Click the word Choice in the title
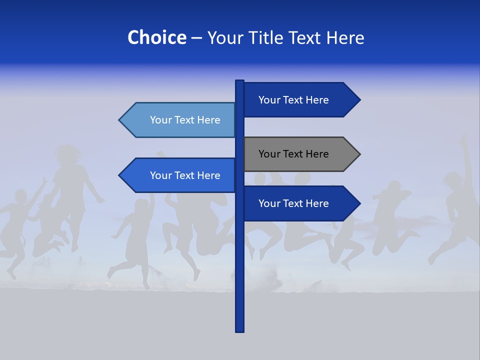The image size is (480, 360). [x=156, y=37]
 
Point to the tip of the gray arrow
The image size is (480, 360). [x=359, y=154]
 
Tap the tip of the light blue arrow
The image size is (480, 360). [x=120, y=120]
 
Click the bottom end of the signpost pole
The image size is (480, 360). [x=239, y=330]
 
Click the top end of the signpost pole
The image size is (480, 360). [x=239, y=81]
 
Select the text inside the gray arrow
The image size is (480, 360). [x=293, y=154]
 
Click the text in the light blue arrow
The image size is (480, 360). [x=185, y=120]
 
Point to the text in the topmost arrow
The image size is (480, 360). [x=293, y=100]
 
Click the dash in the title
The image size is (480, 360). [x=196, y=38]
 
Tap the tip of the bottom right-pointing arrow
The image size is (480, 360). [x=359, y=203]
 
